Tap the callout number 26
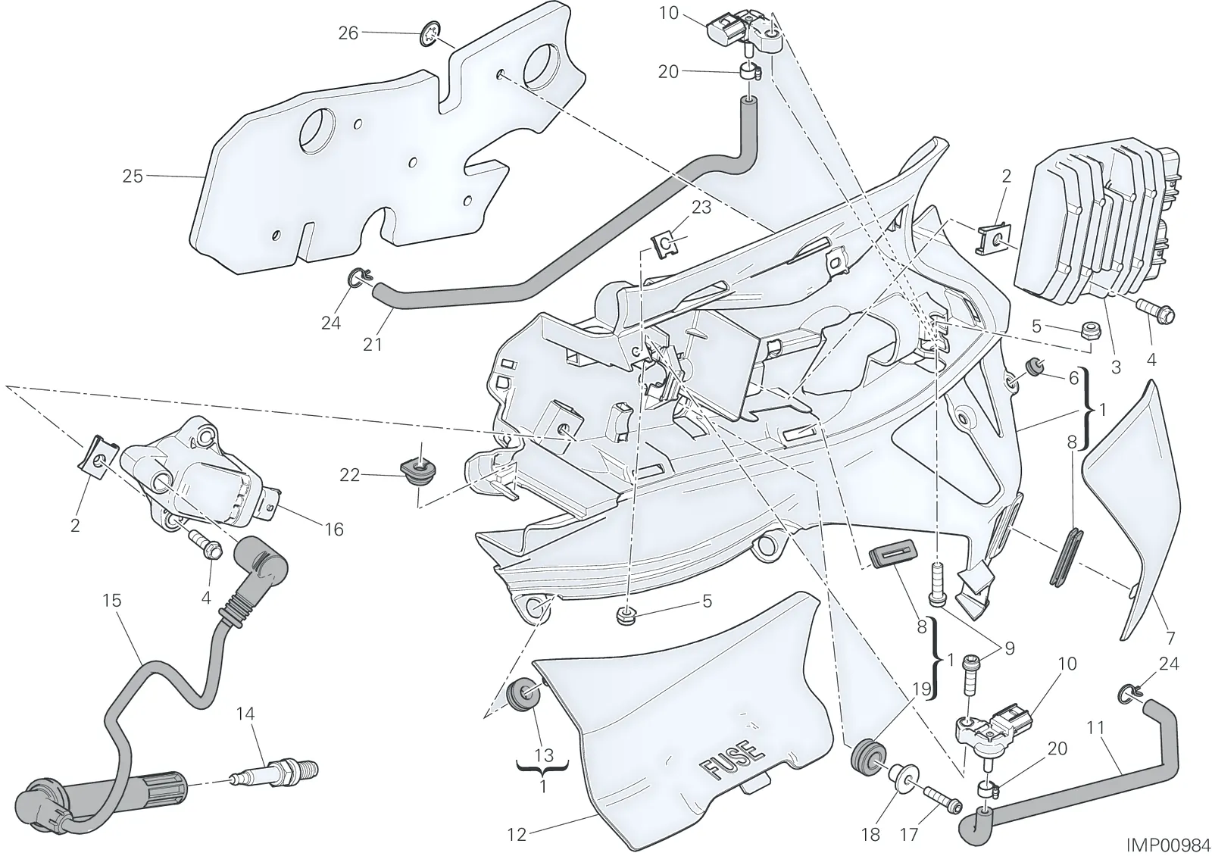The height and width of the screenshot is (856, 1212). click(348, 33)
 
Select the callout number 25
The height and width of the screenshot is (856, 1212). click(133, 177)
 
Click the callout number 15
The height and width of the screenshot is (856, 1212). click(113, 601)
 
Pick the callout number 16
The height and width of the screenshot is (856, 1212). click(335, 530)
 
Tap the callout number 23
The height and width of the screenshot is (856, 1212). click(701, 208)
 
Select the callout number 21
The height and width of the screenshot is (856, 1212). click(372, 345)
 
